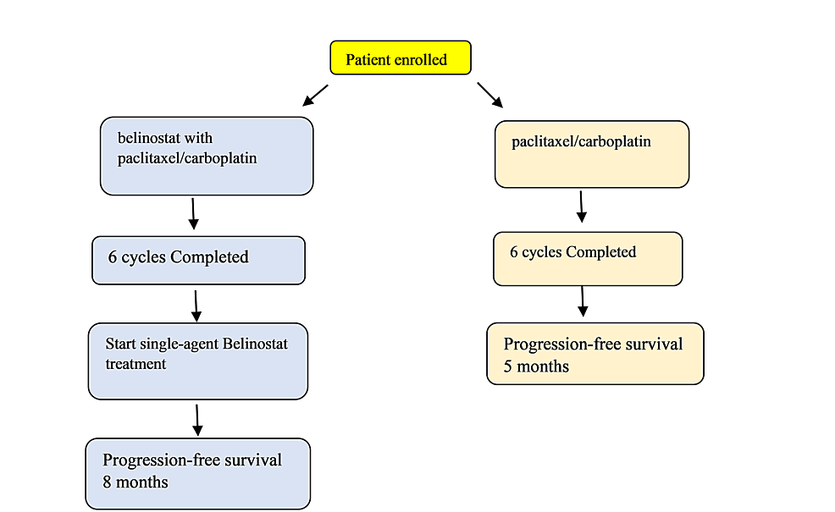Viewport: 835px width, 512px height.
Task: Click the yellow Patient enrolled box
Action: tap(400, 58)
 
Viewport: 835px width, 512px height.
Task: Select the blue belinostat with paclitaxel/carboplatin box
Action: tap(207, 157)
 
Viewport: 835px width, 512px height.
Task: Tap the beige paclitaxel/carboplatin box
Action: tap(592, 153)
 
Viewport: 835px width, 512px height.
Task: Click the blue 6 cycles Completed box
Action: tap(198, 260)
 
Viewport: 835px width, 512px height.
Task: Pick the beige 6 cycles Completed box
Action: tap(588, 259)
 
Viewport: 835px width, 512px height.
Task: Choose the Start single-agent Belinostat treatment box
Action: tap(198, 361)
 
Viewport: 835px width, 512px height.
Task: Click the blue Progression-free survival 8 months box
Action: tap(198, 473)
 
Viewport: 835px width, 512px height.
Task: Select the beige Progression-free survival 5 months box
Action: tap(595, 354)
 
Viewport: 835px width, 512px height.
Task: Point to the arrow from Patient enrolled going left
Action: tap(315, 95)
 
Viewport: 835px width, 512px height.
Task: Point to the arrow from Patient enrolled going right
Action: tap(489, 95)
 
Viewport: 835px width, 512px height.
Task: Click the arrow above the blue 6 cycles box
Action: tap(193, 213)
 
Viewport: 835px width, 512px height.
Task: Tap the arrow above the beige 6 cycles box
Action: tap(581, 206)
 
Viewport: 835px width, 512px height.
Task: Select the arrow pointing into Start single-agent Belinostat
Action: tap(196, 306)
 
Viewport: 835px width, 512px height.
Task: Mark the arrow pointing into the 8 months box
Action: tap(197, 419)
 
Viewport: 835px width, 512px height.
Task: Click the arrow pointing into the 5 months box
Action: tap(583, 301)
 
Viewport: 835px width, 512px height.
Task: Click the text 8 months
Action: tap(135, 482)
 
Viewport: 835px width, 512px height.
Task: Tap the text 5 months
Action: tap(536, 366)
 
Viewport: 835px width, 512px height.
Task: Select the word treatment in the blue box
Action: tap(135, 364)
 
